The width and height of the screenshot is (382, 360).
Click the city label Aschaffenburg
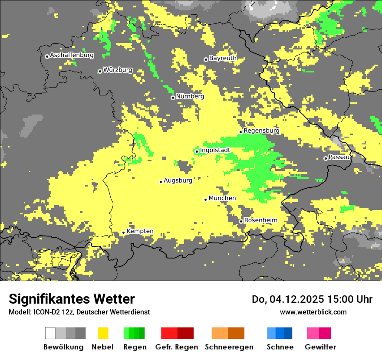(x=72, y=56)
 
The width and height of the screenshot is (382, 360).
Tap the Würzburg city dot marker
(x=100, y=71)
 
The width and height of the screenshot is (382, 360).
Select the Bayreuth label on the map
(x=223, y=58)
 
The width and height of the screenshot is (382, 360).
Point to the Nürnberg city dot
(x=173, y=98)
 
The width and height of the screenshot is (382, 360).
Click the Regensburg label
(x=261, y=131)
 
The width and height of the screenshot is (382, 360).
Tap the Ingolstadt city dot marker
(x=197, y=151)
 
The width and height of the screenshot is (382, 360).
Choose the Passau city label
(x=339, y=157)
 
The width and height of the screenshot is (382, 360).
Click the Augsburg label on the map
(x=178, y=180)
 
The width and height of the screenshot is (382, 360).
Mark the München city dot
(x=206, y=200)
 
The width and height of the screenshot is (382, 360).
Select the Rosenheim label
(x=260, y=220)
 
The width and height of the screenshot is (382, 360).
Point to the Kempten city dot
(x=123, y=232)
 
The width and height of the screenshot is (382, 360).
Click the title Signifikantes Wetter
(x=72, y=299)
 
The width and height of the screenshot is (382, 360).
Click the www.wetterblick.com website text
(x=313, y=312)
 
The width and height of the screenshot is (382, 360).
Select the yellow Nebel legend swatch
(x=103, y=333)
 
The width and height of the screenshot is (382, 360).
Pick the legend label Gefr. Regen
(x=176, y=347)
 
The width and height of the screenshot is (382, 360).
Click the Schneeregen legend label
(x=229, y=347)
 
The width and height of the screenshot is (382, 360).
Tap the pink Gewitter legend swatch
(x=313, y=333)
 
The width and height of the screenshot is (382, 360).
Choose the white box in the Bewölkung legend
(x=50, y=333)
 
